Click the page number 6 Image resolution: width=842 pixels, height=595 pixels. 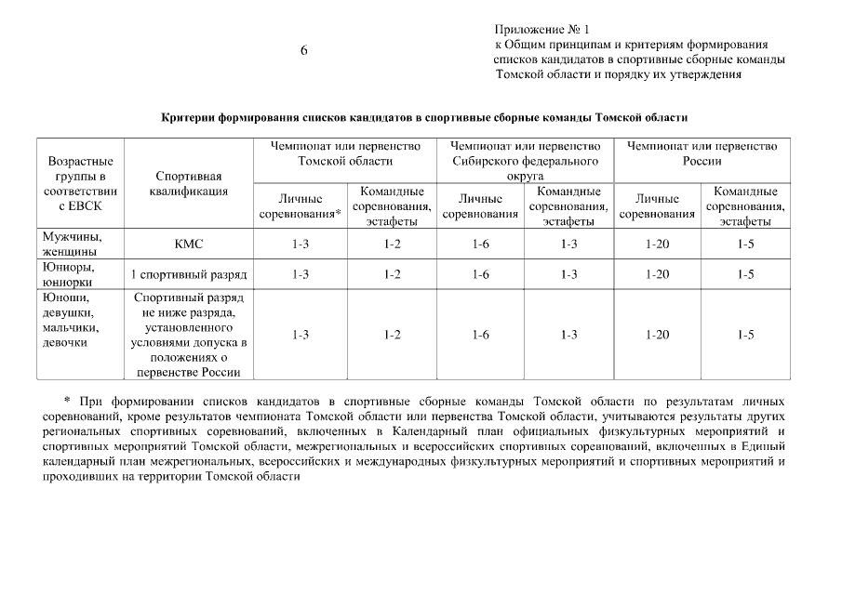[x=304, y=51]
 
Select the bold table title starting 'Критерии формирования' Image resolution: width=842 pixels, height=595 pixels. [x=423, y=118]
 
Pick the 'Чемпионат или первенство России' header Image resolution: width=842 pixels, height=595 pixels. [x=702, y=153]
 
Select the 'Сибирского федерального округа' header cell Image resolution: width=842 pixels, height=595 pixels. [x=525, y=160]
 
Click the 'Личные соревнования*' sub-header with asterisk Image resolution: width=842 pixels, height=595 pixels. [x=300, y=206]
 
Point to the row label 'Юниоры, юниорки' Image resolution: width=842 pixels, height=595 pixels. [x=69, y=274]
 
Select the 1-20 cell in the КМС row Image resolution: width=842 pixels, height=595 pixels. [x=657, y=245]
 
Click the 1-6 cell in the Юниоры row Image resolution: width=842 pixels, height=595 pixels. [x=480, y=275]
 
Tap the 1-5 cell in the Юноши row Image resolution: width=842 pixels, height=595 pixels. [x=745, y=335]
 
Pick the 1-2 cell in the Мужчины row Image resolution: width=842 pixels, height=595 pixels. [x=392, y=245]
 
